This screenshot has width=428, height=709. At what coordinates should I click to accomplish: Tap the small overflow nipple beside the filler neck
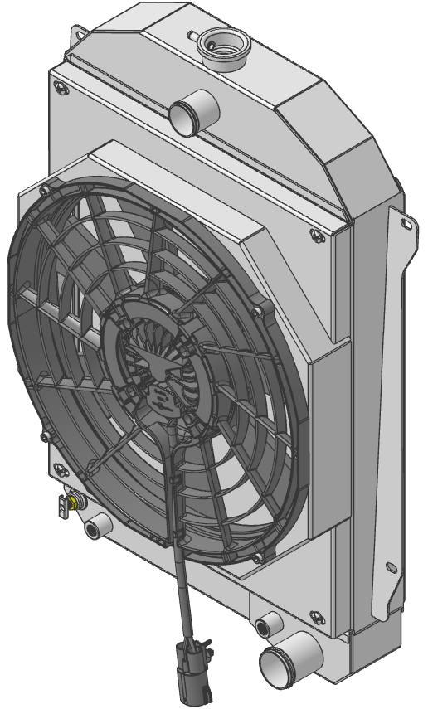(192, 36)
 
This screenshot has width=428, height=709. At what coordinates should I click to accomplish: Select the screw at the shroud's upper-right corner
(316, 236)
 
